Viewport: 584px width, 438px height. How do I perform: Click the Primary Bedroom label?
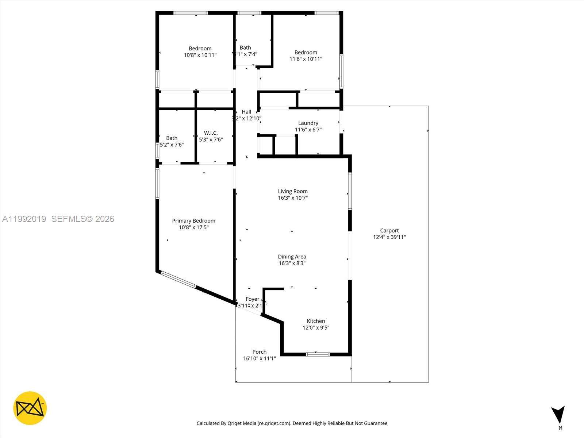click(x=193, y=220)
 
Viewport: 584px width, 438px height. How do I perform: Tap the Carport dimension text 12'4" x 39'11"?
click(x=389, y=237)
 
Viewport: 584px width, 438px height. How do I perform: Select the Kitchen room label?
click(x=316, y=321)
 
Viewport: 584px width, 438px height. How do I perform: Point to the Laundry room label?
click(x=308, y=123)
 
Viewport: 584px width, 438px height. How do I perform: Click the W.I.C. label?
click(x=211, y=133)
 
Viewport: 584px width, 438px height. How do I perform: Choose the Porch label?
click(x=260, y=352)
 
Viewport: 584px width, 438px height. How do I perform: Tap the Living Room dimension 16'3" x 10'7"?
click(x=293, y=198)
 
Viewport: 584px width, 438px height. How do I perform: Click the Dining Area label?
click(x=292, y=257)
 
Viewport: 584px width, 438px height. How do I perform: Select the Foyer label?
click(x=252, y=299)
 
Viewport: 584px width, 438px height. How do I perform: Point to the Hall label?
click(x=246, y=112)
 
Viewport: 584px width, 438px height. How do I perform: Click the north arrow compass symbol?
click(x=558, y=415)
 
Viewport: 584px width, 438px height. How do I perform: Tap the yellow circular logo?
click(x=30, y=408)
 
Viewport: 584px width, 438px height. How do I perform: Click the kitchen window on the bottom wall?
click(x=318, y=354)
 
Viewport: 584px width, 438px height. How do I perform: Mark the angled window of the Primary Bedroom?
click(x=178, y=280)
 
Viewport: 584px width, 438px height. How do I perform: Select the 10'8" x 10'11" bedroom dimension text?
click(x=200, y=55)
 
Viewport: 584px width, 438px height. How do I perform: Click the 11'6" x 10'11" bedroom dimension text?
click(x=306, y=59)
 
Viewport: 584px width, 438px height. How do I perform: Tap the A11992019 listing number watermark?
click(x=24, y=219)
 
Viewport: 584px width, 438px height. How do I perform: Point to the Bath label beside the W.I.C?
click(x=172, y=138)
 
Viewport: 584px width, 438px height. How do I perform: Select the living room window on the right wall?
click(x=350, y=191)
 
